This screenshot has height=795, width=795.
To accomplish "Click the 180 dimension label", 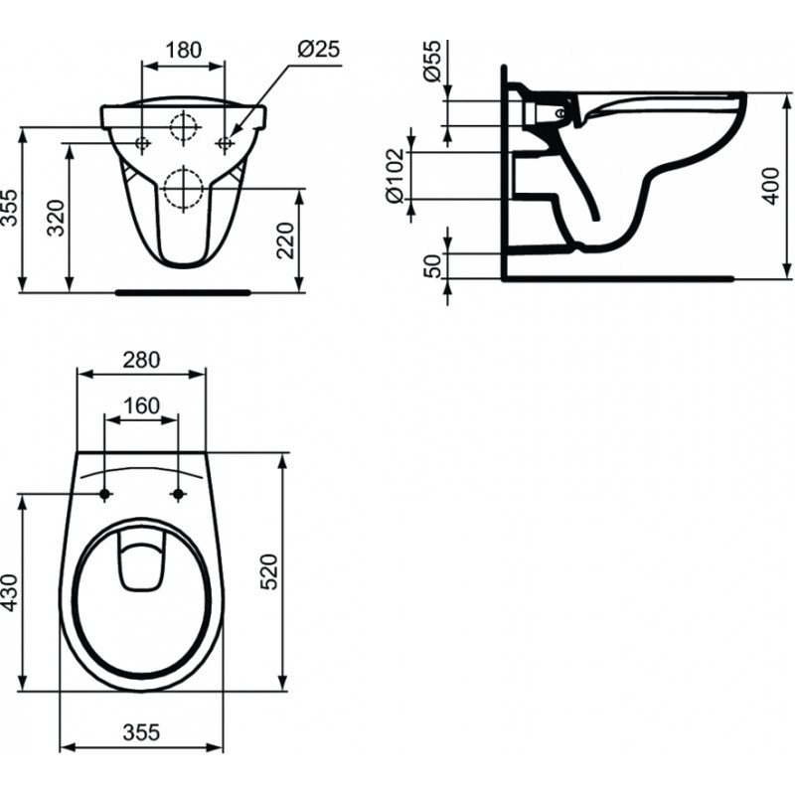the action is [x=184, y=50].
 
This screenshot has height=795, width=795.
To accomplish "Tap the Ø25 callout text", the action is [x=318, y=49].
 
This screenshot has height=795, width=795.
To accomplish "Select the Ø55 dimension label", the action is [x=432, y=61].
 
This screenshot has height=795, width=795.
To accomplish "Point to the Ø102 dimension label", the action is [x=396, y=175].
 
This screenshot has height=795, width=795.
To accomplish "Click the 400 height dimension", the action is [x=771, y=186].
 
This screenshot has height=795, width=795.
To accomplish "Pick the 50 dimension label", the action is [x=432, y=265].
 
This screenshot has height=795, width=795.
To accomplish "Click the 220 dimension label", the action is [x=286, y=239].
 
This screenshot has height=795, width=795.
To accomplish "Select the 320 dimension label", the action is [x=57, y=218].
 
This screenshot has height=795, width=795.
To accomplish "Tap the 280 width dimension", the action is [x=141, y=360].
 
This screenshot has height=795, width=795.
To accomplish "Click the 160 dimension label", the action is [x=141, y=405].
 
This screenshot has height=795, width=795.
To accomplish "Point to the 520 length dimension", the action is [x=268, y=571].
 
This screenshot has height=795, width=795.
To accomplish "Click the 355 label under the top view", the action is [x=141, y=732].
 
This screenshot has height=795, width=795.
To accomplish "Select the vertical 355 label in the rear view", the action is [x=9, y=208].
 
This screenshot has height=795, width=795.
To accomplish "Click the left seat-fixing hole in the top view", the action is [x=105, y=493].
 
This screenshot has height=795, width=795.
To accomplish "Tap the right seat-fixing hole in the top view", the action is [x=178, y=493].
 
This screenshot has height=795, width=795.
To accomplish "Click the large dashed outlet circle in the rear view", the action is [x=184, y=188].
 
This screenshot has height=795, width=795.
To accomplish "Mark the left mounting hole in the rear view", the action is [x=143, y=143].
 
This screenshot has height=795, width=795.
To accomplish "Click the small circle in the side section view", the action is [x=559, y=114].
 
